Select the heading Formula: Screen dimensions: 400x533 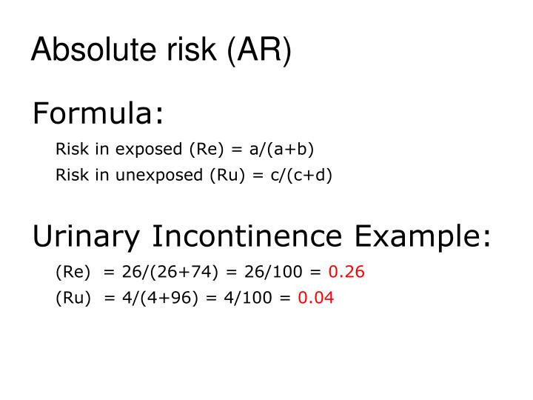tap(98, 115)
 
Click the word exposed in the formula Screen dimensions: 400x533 tap(147, 150)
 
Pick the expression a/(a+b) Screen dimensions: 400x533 tap(281, 150)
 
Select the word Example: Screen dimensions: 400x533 tap(423, 237)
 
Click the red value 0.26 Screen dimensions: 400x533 tap(346, 272)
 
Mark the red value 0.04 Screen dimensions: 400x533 tap(316, 299)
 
